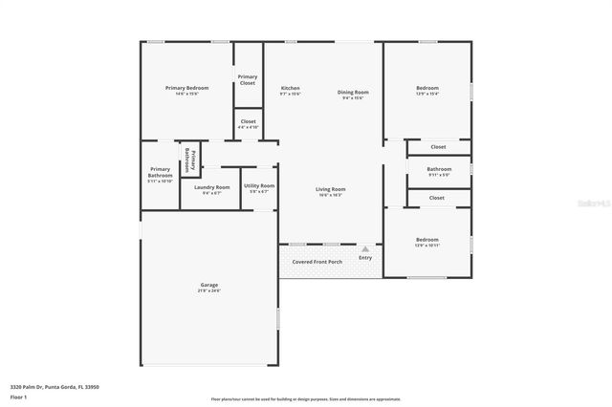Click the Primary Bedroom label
click(186, 88)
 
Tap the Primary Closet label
click(248, 80)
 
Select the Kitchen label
click(291, 88)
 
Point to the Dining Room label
click(353, 93)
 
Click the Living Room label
click(331, 189)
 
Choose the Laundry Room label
click(211, 187)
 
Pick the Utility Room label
click(259, 185)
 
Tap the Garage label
click(209, 285)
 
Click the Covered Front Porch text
click(317, 260)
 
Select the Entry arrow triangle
click(364, 248)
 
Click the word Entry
click(365, 258)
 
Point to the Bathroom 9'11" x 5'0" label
click(439, 169)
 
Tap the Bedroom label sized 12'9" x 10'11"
click(426, 239)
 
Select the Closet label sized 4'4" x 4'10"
click(248, 121)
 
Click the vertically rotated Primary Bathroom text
click(189, 160)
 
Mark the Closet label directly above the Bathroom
click(437, 146)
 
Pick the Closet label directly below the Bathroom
click(437, 198)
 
